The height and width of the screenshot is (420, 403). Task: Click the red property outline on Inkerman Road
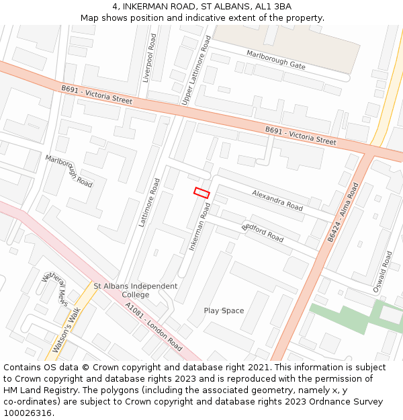(201, 193)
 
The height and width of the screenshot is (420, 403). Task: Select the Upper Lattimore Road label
(196, 71)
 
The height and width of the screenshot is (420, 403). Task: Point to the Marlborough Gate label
(275, 59)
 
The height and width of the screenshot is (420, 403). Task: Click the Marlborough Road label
(69, 171)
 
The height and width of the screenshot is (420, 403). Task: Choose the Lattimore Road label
(148, 202)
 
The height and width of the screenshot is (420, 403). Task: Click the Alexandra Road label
(277, 199)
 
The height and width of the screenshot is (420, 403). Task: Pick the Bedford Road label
(263, 230)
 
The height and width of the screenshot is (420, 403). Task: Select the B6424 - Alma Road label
(343, 212)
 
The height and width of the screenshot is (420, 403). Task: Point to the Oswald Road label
(383, 271)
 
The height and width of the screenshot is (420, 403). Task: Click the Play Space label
(224, 310)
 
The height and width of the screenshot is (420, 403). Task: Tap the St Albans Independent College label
(135, 290)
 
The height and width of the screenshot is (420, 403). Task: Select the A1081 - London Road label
(153, 327)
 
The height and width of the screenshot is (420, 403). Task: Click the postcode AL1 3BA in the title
(275, 7)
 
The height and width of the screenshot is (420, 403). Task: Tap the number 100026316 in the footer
(27, 413)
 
